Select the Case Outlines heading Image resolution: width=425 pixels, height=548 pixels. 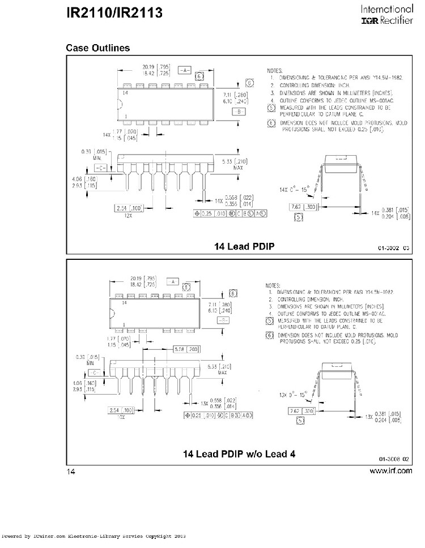pyautogui.click(x=97, y=48)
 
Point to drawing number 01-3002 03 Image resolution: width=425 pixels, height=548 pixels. pyautogui.click(x=394, y=248)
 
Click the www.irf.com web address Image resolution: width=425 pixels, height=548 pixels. pyautogui.click(x=391, y=471)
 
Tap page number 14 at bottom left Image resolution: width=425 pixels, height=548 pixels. pyautogui.click(x=71, y=472)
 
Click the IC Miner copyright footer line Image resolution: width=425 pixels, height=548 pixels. pyautogui.click(x=93, y=536)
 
